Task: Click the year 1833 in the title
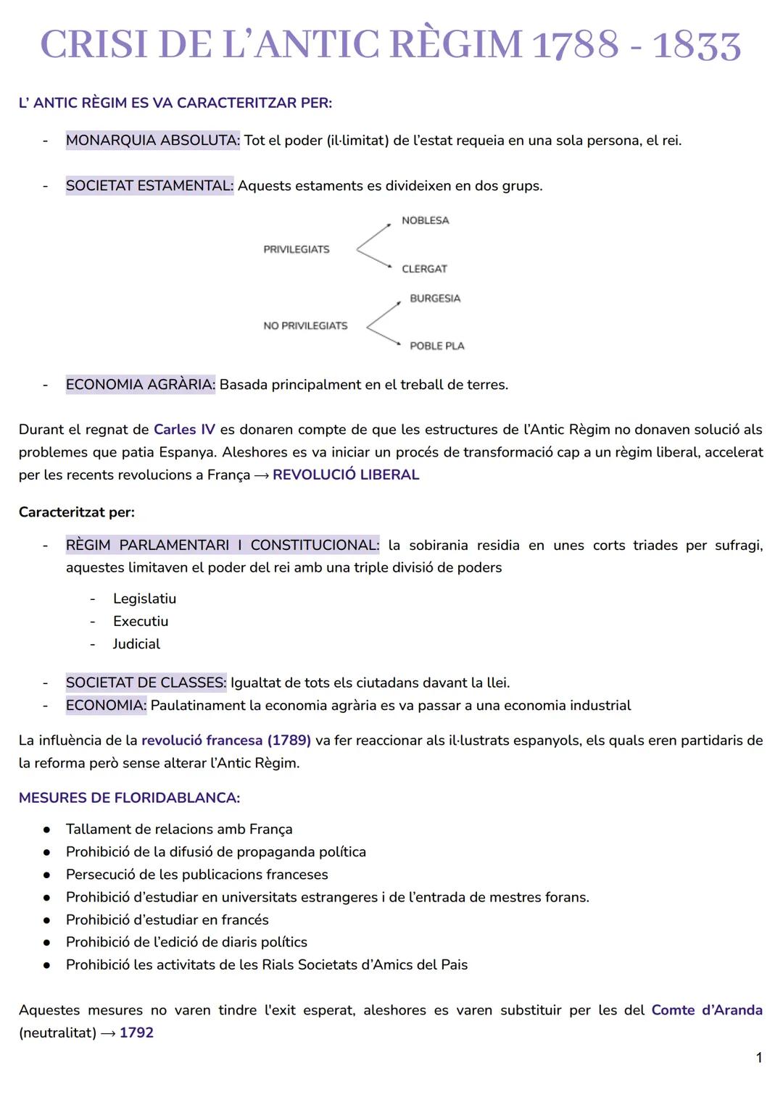click(697, 46)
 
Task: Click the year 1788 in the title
click(576, 46)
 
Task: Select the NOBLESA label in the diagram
click(426, 220)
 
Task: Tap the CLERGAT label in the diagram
click(424, 269)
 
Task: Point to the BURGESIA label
click(435, 299)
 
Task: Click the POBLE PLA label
click(437, 346)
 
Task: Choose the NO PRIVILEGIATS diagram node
click(305, 326)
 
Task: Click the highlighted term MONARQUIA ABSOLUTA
click(152, 141)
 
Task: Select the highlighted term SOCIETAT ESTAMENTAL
click(149, 186)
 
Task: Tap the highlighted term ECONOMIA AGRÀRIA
click(141, 385)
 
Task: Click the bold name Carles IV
click(184, 430)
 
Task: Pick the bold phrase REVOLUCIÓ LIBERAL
click(346, 475)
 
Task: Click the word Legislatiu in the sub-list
click(144, 599)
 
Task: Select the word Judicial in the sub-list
click(136, 644)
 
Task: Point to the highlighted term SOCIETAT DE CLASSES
click(146, 683)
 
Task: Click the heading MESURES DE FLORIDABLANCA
click(129, 798)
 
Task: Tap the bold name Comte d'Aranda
click(707, 1010)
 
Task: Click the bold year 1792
click(136, 1033)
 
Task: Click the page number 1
click(759, 1058)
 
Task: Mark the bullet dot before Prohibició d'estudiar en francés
click(46, 920)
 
